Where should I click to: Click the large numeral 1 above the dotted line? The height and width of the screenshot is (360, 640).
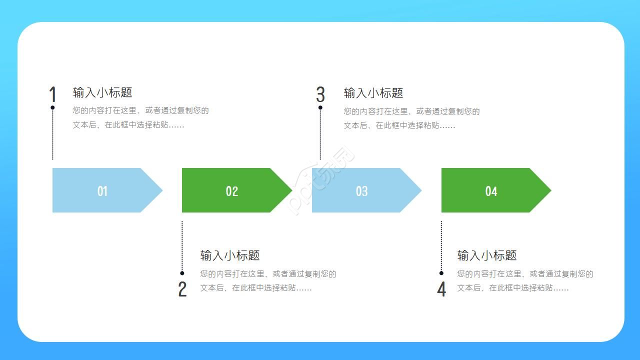[52, 94]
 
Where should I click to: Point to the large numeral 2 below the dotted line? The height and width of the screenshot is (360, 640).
[182, 289]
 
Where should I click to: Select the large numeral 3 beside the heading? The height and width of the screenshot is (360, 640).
[320, 94]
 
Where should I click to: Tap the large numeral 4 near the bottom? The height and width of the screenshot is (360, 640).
[441, 289]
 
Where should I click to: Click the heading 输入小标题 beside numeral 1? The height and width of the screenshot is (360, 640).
[102, 92]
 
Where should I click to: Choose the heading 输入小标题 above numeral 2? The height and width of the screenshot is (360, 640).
[230, 255]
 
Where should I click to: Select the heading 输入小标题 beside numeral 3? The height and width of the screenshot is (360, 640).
[373, 93]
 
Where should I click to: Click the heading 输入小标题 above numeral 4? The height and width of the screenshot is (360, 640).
[487, 255]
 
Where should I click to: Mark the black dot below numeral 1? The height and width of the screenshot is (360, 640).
[52, 107]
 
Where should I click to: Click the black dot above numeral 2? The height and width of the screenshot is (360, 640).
[182, 273]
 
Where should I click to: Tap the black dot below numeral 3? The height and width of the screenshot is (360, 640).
[320, 107]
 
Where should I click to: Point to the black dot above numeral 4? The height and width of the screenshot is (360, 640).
[441, 273]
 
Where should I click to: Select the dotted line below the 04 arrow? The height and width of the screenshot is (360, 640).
[441, 245]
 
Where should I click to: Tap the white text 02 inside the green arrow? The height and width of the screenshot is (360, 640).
[232, 191]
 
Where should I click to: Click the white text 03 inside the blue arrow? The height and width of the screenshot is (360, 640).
[361, 191]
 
